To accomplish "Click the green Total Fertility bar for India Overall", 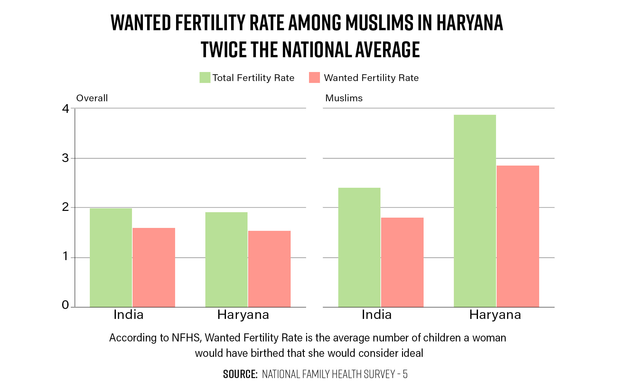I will tap(111, 258).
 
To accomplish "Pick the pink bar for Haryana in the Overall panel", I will tap(269, 269).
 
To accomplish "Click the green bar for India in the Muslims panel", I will tap(359, 247).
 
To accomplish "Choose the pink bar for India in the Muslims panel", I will tap(402, 262).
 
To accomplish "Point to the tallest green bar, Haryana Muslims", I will tap(475, 211).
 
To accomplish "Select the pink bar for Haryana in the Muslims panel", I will tap(518, 236).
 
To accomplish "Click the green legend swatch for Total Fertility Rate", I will tap(205, 77).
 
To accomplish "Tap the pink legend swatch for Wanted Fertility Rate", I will tap(314, 77).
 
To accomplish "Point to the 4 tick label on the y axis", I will tap(66, 109).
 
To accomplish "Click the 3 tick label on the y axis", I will tap(66, 158).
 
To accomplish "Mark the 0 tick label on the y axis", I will tap(65, 305).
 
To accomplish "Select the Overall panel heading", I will tap(92, 98).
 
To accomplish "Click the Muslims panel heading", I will tap(344, 98).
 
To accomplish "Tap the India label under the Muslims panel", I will tap(377, 314).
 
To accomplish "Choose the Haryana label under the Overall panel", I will tap(243, 315).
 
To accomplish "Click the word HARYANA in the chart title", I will tap(470, 23).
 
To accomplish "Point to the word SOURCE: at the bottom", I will tap(240, 374).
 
